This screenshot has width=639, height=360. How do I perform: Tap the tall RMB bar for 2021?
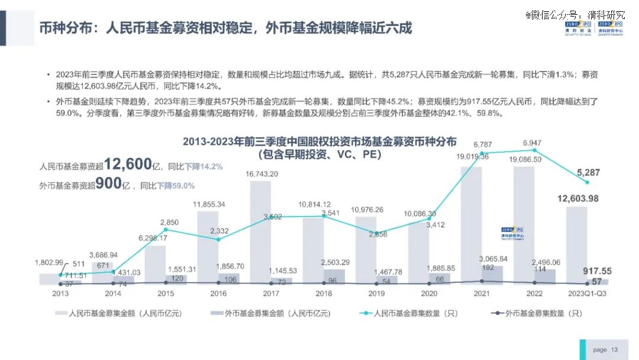pos(471,225)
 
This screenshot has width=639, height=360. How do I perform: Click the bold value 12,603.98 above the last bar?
pos(577,198)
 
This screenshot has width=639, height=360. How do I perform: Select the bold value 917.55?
pos(598,271)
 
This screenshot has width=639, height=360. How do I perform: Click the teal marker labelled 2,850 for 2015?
pos(166,230)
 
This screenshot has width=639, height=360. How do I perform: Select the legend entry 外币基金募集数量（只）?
pos(535,313)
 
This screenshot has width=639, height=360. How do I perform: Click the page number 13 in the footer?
pos(614,350)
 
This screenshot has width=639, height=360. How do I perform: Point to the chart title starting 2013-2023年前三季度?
pos(319,142)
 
